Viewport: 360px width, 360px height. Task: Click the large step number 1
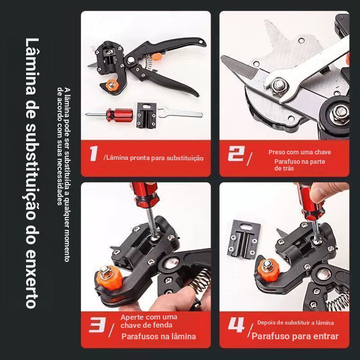[94, 153]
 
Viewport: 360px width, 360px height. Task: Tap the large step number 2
[236, 153]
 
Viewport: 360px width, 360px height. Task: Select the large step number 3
[98, 325]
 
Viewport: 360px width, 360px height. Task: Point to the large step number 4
[236, 325]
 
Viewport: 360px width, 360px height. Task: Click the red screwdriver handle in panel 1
[120, 115]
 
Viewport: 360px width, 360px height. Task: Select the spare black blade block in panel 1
[147, 115]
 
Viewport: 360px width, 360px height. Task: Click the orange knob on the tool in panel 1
[112, 85]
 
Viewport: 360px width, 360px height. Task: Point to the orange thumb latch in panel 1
[157, 56]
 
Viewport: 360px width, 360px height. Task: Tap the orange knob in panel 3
[109, 277]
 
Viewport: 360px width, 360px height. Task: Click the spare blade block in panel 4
[243, 239]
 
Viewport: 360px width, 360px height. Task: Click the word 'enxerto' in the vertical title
[31, 279]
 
